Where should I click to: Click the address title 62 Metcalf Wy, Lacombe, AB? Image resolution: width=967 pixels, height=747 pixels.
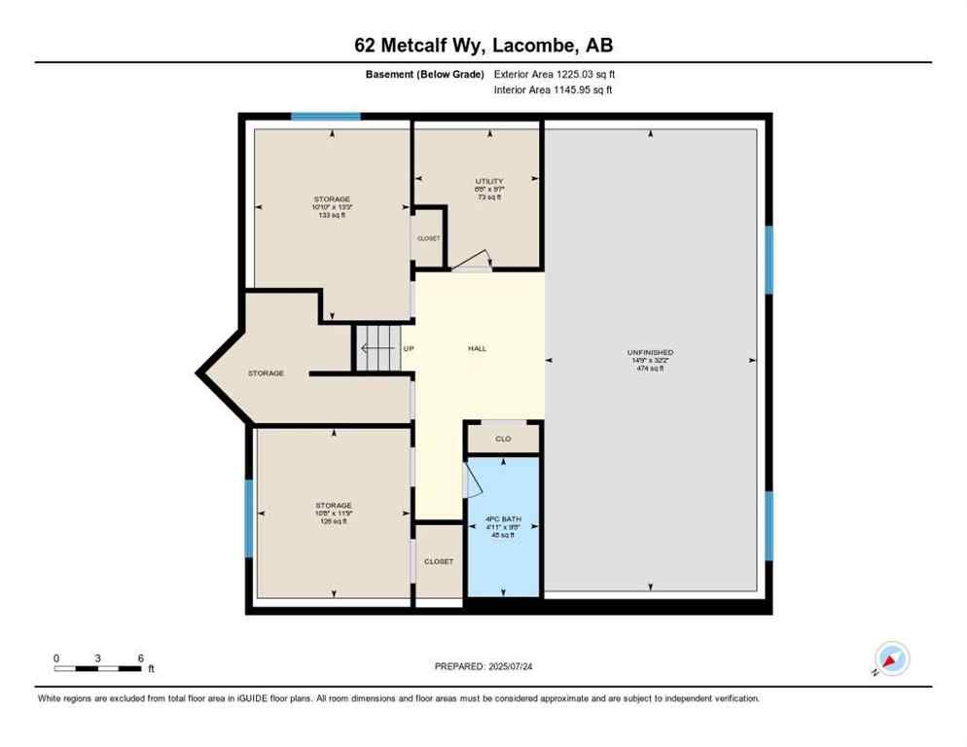coord(483,45)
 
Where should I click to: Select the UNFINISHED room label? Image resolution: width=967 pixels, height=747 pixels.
coord(650,352)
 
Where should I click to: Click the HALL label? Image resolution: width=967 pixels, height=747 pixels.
coord(477,348)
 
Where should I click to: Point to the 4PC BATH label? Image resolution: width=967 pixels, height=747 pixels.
coord(503,519)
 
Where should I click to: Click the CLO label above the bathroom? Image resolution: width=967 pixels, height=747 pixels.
coord(503,439)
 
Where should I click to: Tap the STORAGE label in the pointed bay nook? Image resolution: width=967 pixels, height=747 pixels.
coord(266,373)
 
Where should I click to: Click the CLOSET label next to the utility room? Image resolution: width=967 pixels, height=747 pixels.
coord(428,238)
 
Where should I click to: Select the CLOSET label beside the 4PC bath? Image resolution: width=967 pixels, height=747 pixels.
coord(439,561)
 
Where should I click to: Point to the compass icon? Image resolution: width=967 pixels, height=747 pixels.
coord(891,659)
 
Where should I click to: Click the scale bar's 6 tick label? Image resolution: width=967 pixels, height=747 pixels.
coord(141,658)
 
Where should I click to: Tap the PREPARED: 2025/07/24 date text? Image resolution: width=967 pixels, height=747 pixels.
coord(483,666)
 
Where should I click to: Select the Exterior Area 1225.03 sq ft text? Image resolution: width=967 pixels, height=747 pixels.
coord(555,74)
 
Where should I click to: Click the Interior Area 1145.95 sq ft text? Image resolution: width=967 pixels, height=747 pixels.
coord(554,90)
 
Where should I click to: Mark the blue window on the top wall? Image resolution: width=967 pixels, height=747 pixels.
coord(326,117)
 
